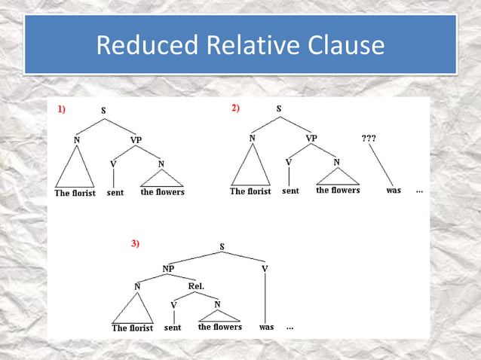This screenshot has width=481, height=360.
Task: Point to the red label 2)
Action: point(235,108)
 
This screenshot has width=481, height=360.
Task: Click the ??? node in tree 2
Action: point(369,139)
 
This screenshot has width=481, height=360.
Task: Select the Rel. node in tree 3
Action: point(196,286)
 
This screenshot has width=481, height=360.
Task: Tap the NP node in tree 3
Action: point(169,268)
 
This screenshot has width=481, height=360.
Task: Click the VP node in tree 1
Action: point(136,140)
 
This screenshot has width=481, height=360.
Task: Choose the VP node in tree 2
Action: point(311,139)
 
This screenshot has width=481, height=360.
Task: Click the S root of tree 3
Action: point(222,246)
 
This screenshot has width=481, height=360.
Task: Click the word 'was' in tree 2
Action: point(393,191)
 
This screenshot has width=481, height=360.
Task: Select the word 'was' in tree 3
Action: point(266,328)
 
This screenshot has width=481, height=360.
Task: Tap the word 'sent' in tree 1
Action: point(115,192)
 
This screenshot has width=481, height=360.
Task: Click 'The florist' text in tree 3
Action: point(132,328)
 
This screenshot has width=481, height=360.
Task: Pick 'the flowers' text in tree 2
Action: point(338,191)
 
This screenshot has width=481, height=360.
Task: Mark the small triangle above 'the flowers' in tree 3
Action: point(219,315)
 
